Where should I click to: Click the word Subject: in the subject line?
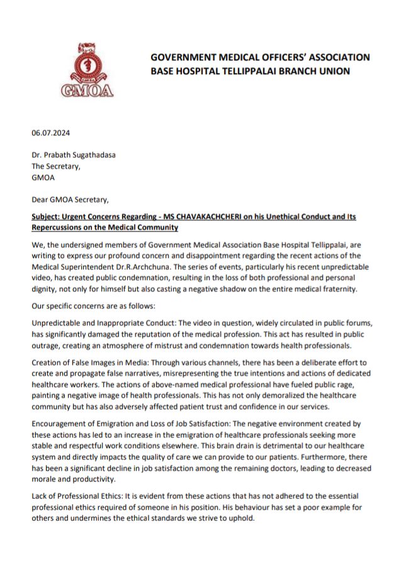[x=48, y=216]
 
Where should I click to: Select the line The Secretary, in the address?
[x=57, y=167]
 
